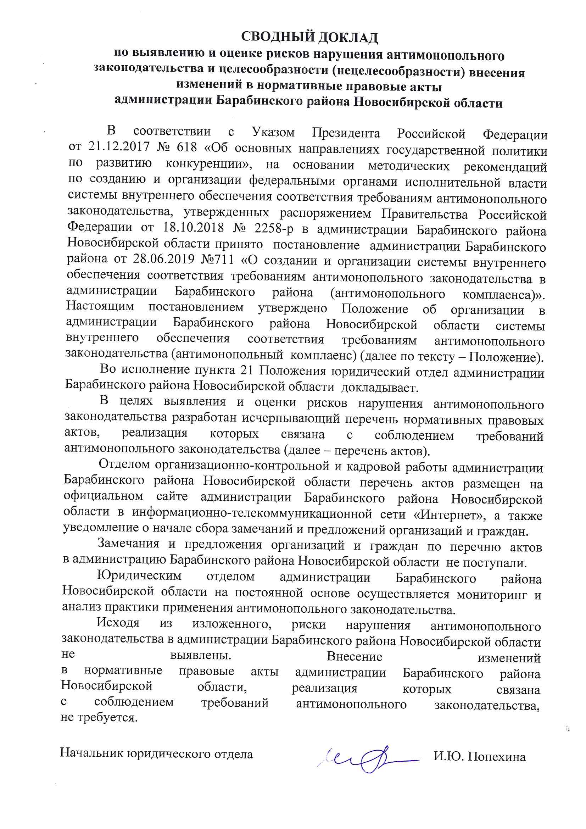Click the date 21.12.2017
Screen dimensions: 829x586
[119, 146]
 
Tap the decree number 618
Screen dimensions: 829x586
[187, 147]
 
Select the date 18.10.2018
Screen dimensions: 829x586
[194, 228]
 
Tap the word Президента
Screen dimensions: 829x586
[346, 133]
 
